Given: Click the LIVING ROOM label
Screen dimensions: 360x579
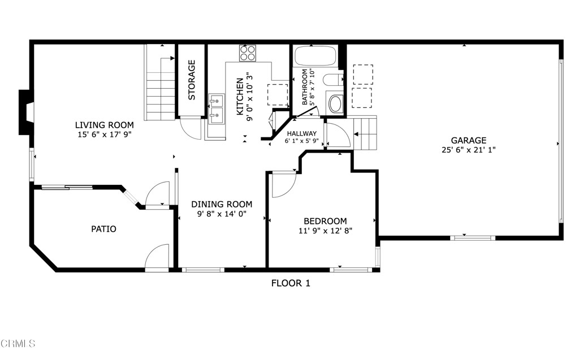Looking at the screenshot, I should (105, 125).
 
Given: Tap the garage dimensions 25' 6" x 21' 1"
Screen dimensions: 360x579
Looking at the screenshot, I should (468, 150).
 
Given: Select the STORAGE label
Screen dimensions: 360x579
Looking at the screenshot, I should (192, 80).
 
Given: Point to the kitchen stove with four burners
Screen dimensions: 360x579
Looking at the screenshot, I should (247, 53).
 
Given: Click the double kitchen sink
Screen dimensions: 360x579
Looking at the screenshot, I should (215, 109).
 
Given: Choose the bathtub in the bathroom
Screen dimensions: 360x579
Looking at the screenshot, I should (315, 57).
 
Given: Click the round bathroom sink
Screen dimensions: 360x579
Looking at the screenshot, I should (335, 104).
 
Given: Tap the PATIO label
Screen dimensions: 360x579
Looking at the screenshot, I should (103, 229).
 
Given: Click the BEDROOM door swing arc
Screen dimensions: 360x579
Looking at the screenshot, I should (282, 185).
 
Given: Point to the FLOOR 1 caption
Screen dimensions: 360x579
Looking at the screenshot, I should (291, 283).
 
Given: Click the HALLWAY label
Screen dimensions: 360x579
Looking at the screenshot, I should (301, 133).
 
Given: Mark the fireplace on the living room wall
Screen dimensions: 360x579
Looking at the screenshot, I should (26, 112).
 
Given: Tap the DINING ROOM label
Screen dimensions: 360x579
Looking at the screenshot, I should (221, 204).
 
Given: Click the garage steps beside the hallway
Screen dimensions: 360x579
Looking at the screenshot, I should (365, 133).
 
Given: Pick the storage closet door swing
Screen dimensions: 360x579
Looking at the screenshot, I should (191, 129).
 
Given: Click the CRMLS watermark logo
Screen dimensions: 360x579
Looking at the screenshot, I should (18, 343).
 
